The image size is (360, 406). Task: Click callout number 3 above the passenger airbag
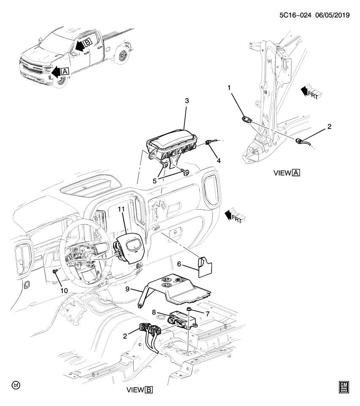coord(187,101)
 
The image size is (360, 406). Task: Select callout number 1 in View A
coord(230,88)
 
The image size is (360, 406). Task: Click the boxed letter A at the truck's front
coord(65,72)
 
